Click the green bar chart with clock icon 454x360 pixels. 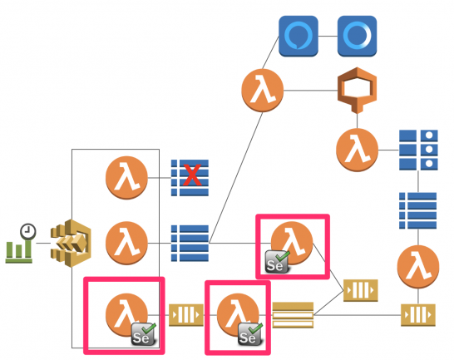coord(20,244)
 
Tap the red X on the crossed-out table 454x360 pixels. coord(192,175)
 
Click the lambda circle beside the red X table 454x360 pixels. coord(126,176)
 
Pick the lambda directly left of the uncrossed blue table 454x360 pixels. coord(126,243)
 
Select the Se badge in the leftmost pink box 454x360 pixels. coord(143,336)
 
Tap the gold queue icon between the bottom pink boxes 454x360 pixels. coord(185,314)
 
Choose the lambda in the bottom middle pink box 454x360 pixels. coord(235,314)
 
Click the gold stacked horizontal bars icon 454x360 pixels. coord(292,314)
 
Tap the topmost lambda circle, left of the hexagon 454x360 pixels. coord(263,89)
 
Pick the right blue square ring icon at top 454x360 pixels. coord(358,37)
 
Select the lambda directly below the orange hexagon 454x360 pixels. coord(358,150)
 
